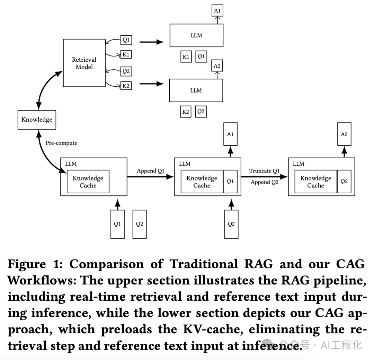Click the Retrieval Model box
click(84, 63)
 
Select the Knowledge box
click(37, 120)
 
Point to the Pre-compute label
click(61, 143)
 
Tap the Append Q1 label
click(150, 171)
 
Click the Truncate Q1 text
click(264, 171)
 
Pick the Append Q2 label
click(265, 182)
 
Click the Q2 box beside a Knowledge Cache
click(344, 182)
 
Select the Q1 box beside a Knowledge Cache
click(230, 182)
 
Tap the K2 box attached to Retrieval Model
click(126, 86)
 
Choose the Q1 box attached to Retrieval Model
click(126, 40)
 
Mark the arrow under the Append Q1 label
click(150, 177)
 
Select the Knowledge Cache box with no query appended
click(88, 182)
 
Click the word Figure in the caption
click(26, 264)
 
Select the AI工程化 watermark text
click(341, 345)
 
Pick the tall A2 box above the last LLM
click(344, 134)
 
